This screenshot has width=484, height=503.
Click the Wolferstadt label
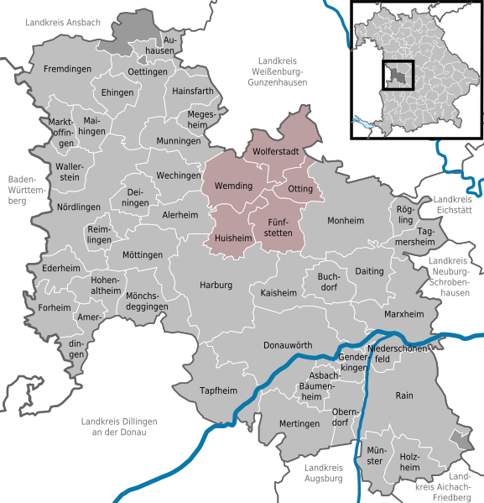[277, 152]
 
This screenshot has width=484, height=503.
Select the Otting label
[300, 189]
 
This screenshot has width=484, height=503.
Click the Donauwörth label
[288, 345]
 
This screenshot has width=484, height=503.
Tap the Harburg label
[216, 286]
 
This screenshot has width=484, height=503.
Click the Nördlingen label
[79, 207]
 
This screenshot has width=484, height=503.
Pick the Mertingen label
[299, 424]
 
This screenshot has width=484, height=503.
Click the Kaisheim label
[279, 293]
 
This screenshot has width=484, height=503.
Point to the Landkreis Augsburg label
[322, 473]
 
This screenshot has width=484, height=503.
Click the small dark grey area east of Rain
[455, 437]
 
